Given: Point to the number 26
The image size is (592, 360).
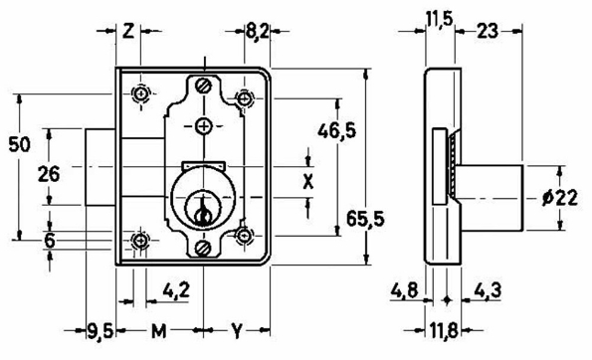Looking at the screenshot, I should (48, 174).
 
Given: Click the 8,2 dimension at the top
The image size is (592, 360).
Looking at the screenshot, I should (257, 31).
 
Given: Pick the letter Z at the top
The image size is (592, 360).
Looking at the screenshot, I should (129, 30).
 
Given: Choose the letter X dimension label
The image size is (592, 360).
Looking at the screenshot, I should (308, 181).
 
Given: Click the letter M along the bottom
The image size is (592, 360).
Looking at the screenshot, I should (158, 328).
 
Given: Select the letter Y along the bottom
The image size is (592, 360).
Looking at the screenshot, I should (238, 328).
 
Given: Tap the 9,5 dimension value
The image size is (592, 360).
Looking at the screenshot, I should (95, 328).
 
